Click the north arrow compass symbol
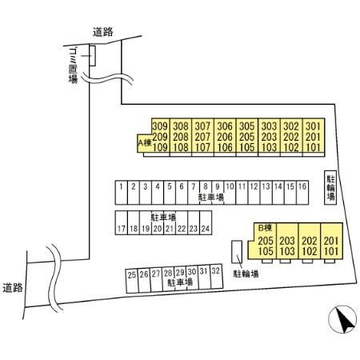342,319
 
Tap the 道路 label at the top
103,32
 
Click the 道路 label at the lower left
13,288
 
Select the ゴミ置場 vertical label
73,66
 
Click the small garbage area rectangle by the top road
93,56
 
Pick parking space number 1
122,193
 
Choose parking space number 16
302,193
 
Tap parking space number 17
122,223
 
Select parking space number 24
206,223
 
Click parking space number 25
132,281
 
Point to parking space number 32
216,277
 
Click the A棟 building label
145,142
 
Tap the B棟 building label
266,228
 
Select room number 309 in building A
160,126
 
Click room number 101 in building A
313,147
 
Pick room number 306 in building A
225,126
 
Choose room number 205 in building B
266,241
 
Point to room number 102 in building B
310,251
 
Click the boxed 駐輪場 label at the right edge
330,187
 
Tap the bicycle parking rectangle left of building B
237,252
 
